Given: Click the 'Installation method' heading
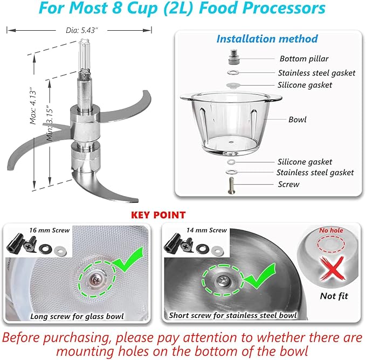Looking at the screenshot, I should [267, 39].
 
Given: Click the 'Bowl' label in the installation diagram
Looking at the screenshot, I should [298, 119].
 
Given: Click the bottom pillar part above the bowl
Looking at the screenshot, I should [233, 56].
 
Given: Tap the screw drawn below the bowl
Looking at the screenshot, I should [232, 184].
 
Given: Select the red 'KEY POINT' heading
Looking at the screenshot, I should [158, 215].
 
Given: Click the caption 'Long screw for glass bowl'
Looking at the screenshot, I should [76, 316].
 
